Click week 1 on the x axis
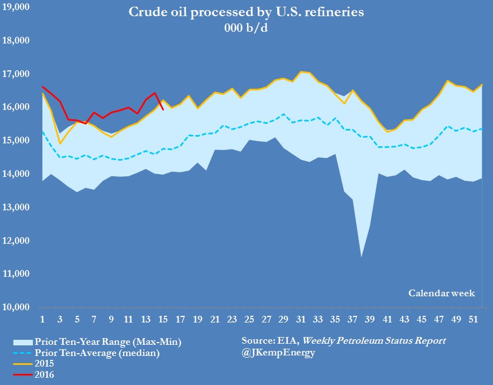(x=42, y=320)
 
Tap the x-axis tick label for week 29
(x=283, y=320)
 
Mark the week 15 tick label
(x=163, y=320)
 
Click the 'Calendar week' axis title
(x=441, y=293)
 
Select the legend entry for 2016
(x=45, y=375)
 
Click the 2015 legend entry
(x=45, y=364)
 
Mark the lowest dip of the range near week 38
(x=361, y=257)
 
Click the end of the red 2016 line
(x=163, y=109)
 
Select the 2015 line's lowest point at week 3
(x=60, y=144)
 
